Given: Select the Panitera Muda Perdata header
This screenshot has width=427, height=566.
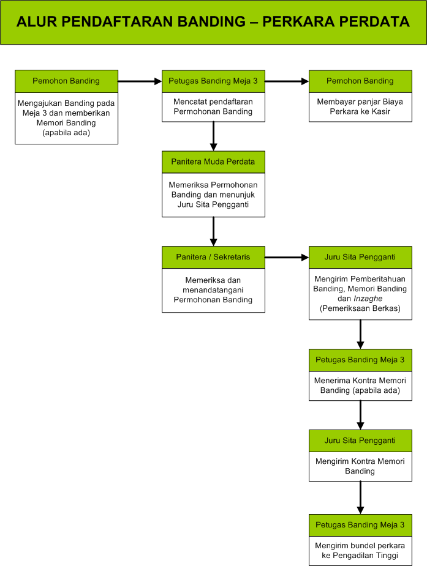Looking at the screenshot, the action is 213,162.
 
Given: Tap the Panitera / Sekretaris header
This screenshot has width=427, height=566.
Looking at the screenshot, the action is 213,257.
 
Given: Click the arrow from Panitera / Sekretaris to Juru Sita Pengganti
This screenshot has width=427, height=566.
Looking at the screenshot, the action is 287,258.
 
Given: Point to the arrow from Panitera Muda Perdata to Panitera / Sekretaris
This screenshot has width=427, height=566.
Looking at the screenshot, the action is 213,231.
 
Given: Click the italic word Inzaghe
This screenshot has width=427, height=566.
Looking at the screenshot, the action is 368,299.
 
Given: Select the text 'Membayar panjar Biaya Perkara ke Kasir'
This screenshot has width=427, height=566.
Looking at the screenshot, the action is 360,106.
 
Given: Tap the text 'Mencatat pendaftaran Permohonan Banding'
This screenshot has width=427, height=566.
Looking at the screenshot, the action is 213,106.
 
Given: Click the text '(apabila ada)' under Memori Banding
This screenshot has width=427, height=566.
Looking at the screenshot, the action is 66,133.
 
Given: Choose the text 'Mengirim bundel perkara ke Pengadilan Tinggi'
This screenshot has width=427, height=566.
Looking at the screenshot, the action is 360,551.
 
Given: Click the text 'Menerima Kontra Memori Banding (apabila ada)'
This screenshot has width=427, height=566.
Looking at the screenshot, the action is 360,385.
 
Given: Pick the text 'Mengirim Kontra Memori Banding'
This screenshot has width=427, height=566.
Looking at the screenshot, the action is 360,466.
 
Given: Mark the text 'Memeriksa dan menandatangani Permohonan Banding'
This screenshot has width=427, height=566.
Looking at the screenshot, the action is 213,290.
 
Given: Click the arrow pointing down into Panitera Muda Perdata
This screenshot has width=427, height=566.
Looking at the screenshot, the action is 213,136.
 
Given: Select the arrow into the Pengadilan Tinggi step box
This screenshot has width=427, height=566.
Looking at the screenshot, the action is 360,497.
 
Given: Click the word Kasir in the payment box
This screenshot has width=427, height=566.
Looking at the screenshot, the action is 381,111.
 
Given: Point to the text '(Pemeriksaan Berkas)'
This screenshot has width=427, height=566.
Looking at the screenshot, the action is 360,308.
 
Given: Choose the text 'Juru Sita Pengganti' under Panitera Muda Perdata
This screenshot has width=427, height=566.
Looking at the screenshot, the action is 213,204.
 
